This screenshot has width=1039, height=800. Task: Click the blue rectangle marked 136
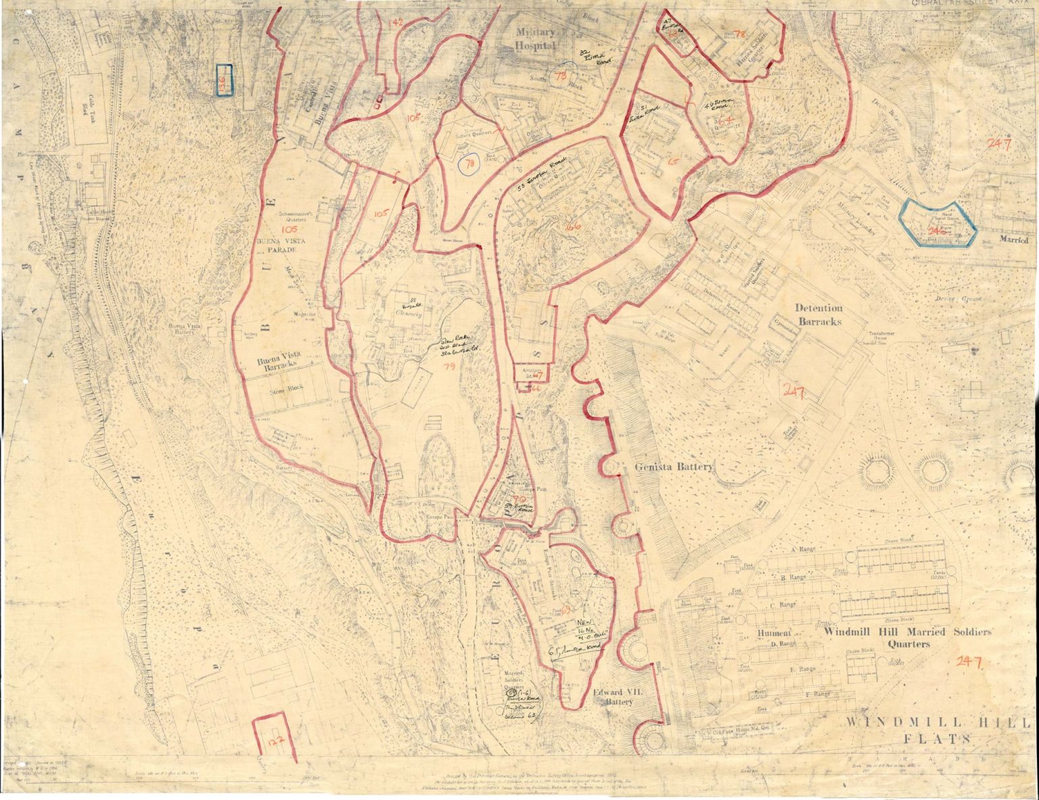pyautogui.click(x=224, y=80)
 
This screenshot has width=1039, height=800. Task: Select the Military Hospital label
pyautogui.click(x=536, y=39)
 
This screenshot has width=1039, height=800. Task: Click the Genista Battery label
pyautogui.click(x=673, y=467)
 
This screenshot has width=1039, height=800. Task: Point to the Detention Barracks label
pyautogui.click(x=818, y=314)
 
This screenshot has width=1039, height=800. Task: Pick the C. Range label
pyautogui.click(x=783, y=605)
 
